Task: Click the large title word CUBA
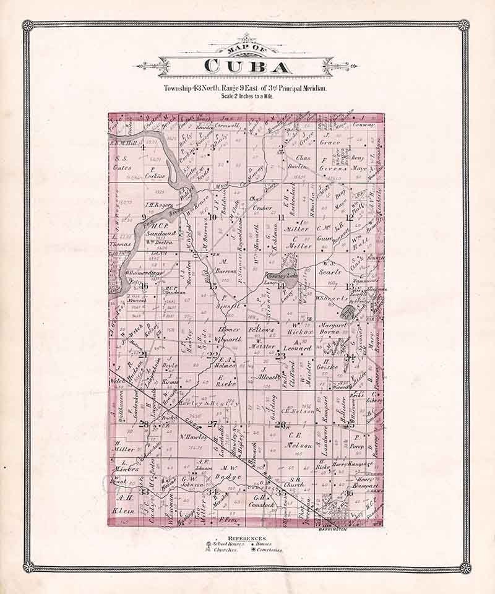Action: coord(246,67)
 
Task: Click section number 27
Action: coord(213,424)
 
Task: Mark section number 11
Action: coord(281,217)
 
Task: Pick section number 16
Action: coord(144,286)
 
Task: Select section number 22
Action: coord(212,355)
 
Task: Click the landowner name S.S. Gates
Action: coord(124,162)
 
